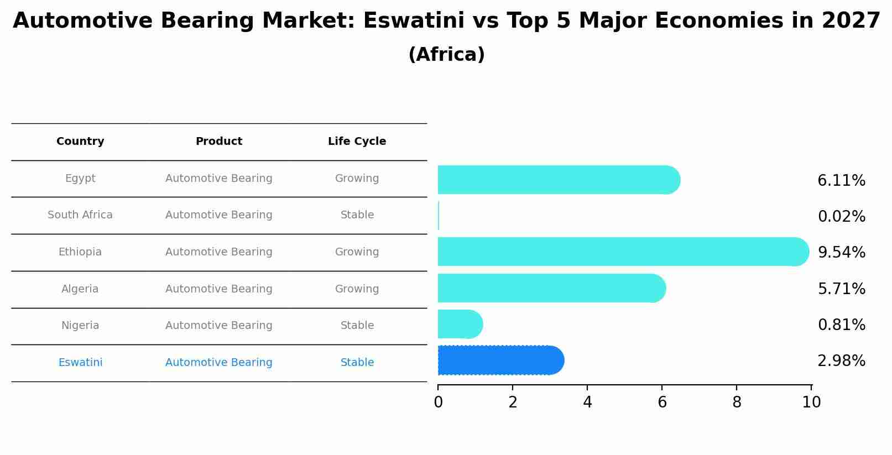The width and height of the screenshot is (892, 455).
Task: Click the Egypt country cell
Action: (80, 179)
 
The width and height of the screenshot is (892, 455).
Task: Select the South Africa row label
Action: (80, 215)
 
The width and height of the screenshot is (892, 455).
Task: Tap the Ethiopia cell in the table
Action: (80, 252)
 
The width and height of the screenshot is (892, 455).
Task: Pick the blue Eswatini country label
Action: (80, 363)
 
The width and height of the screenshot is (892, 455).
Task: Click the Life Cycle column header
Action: (357, 142)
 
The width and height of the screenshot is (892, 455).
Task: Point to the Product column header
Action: (219, 142)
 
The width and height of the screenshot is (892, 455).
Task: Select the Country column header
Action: (80, 142)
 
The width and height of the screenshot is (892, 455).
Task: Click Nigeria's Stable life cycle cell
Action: (357, 326)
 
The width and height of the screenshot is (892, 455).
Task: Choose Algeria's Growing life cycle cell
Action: (357, 289)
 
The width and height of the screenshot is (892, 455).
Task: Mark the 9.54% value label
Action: (841, 253)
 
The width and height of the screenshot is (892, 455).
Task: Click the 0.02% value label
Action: (841, 217)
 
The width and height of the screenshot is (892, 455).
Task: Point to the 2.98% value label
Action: (841, 361)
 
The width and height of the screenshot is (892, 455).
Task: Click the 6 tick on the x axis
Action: (662, 402)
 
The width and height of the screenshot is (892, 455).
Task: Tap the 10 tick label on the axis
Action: (811, 402)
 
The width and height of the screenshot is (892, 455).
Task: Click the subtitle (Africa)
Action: (446, 55)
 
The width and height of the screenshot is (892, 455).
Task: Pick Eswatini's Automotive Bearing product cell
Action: (219, 363)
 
